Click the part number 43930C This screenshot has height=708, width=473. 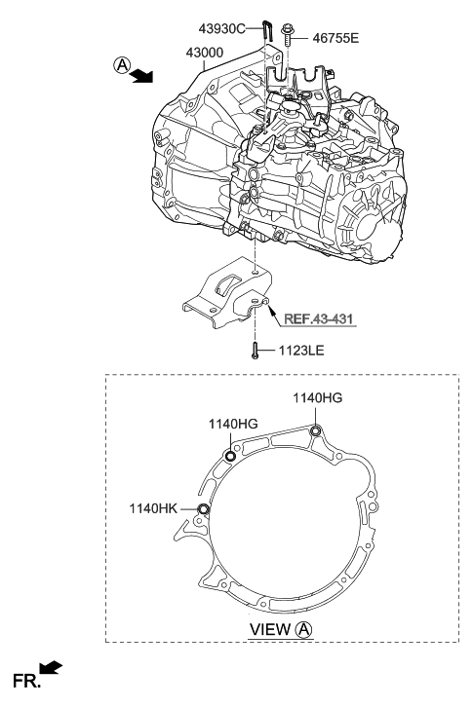click(x=221, y=29)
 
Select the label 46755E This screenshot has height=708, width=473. click(x=335, y=38)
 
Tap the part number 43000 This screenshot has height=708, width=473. click(x=205, y=53)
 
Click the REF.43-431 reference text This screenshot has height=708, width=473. click(x=318, y=318)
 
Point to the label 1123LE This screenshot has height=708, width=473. click(x=301, y=351)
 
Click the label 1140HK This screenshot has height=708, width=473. click(x=154, y=508)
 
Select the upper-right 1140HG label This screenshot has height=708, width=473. click(x=317, y=397)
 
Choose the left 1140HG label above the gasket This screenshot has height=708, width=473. click(x=233, y=424)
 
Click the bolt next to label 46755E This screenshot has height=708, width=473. click(x=287, y=35)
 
